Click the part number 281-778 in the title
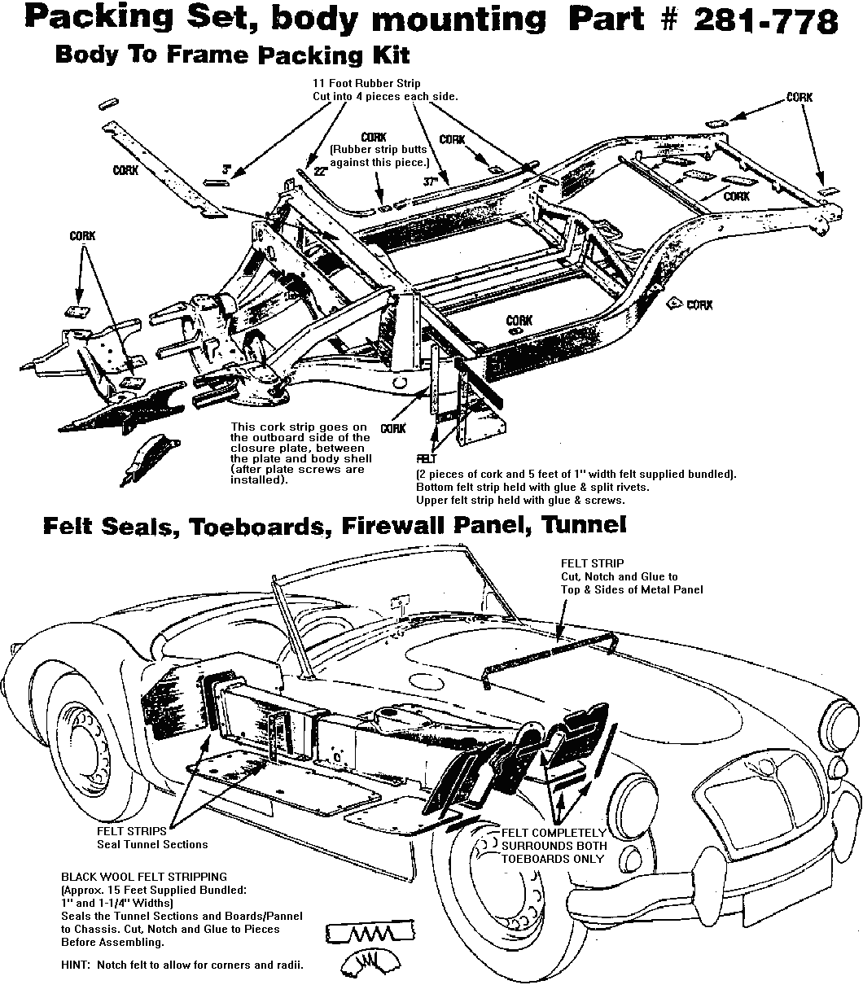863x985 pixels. coord(766,20)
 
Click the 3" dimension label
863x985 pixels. coord(227,169)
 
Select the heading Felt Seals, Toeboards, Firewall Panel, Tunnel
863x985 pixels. coord(334,525)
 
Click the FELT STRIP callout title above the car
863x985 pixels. coord(592,563)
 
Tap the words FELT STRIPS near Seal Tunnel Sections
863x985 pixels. coord(131,831)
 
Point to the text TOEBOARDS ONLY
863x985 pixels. coord(553,858)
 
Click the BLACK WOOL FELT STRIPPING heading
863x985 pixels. coord(144,877)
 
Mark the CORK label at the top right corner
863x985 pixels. coord(799,98)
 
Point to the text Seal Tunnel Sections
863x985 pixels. coord(152,844)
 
